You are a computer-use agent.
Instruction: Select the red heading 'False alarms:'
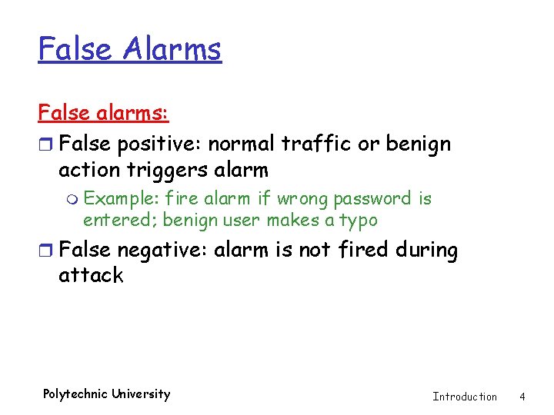tap(104, 113)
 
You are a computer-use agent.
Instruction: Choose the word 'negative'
tap(162, 251)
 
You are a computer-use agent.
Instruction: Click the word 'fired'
tap(363, 251)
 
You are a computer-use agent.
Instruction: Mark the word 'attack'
tap(91, 275)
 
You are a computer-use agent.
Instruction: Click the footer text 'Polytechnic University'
tap(106, 394)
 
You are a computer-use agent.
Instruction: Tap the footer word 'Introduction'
tap(465, 397)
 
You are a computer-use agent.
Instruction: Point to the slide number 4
tap(522, 397)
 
